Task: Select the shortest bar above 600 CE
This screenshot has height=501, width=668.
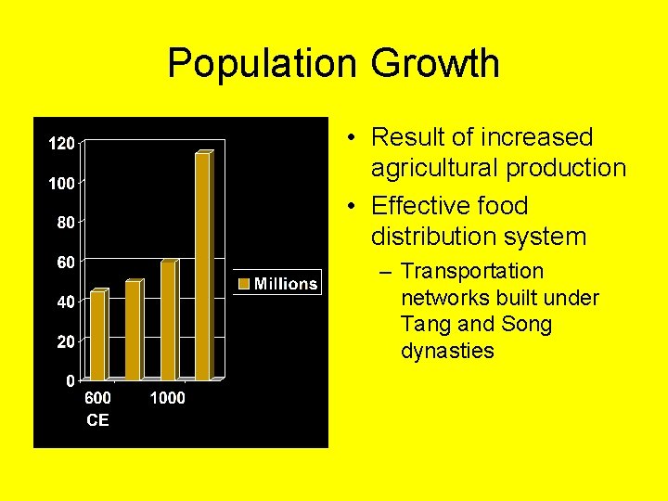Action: click(97, 335)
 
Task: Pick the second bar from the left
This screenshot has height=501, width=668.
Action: click(132, 329)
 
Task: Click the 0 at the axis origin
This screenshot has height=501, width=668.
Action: click(71, 380)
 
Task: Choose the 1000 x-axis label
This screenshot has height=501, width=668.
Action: click(167, 398)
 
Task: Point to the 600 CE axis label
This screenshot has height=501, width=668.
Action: click(97, 408)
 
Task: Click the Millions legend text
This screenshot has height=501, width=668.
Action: click(286, 284)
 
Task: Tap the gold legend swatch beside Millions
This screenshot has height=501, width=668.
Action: click(245, 284)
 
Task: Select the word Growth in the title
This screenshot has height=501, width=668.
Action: click(435, 63)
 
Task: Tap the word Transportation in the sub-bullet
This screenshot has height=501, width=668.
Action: click(472, 272)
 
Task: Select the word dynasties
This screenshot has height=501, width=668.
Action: click(447, 351)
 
